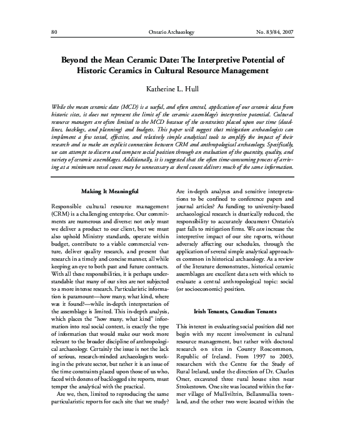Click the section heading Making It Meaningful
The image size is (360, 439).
[110, 190]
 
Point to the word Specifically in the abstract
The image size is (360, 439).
[279, 143]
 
